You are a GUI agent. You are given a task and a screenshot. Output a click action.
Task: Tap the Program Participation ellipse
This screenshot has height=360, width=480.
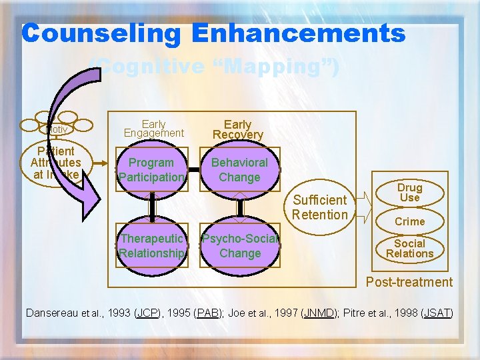pos(152,170)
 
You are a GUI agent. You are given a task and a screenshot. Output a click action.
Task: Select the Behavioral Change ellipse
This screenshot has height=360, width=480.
pos(239,170)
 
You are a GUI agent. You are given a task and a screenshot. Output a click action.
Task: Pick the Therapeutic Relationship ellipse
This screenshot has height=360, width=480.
pos(152,246)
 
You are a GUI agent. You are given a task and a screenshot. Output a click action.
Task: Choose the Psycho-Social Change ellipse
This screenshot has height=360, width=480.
pos(240,246)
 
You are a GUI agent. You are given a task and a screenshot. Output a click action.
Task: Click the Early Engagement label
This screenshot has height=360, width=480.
pos(153,128)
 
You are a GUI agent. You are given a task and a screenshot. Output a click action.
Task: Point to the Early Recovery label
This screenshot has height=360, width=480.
pos(238,129)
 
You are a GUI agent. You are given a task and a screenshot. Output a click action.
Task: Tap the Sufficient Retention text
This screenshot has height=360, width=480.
pos(320,207)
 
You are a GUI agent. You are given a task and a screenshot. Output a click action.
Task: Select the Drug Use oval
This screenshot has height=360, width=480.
pos(409,193)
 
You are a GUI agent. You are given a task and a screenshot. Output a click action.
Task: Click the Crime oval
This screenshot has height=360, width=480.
pos(409,221)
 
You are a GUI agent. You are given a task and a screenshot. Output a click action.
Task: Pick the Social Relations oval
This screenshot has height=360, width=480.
pos(409,248)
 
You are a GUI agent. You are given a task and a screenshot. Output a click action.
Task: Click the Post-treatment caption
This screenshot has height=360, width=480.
pos(409,282)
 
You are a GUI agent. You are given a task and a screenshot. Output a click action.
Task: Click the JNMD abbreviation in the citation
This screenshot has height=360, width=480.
pos(320,313)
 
